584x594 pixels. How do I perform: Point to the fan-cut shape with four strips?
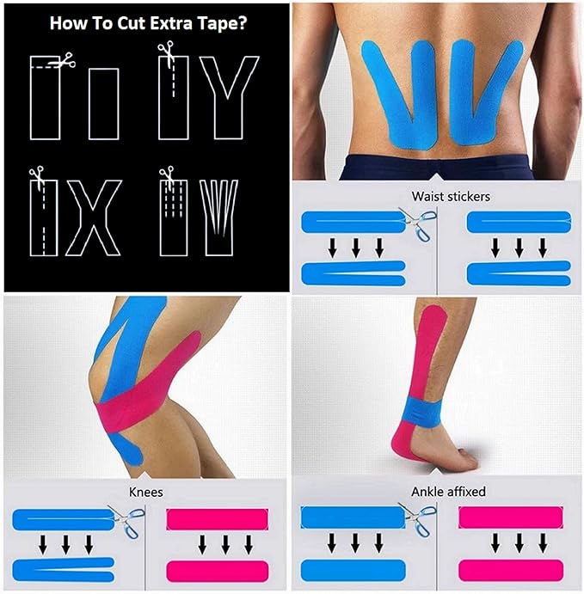point(217,216)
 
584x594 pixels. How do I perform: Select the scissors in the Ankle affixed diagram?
point(421,517)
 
